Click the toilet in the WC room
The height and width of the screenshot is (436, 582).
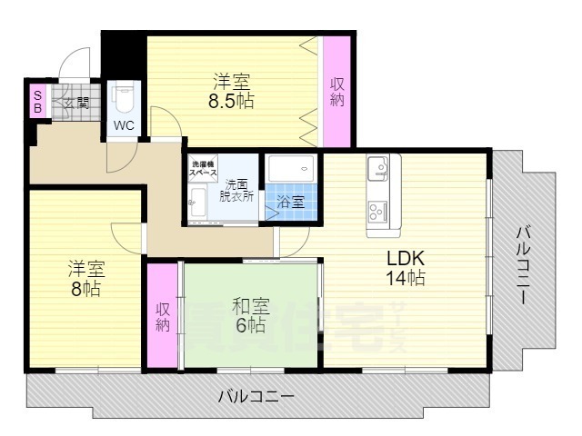click(125, 95)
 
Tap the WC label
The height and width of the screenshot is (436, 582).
click(125, 126)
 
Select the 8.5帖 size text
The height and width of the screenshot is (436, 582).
click(231, 101)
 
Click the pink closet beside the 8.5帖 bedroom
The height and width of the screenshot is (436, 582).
click(337, 91)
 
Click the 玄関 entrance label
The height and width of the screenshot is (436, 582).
click(76, 103)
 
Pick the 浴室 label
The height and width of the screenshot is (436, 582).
click(291, 203)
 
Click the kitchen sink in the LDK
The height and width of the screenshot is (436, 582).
click(378, 168)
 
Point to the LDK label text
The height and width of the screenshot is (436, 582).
click(406, 257)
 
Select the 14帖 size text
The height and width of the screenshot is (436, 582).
click(406, 279)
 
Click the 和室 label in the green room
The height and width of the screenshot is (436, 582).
click(250, 304)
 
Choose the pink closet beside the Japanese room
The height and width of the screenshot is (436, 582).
click(163, 315)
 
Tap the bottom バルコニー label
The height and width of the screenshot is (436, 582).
click(256, 397)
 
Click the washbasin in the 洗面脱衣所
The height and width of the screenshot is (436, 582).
click(196, 205)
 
